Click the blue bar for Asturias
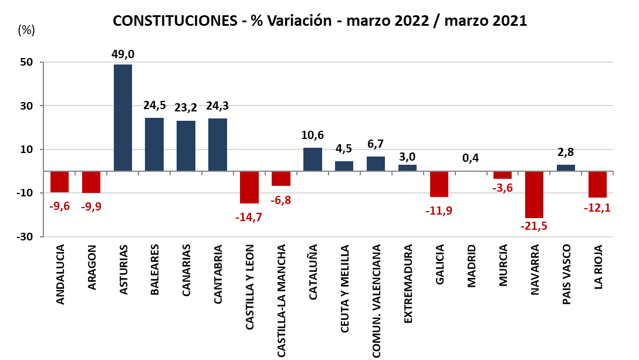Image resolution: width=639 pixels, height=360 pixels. [x=123, y=117]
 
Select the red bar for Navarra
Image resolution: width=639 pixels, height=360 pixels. [x=535, y=195]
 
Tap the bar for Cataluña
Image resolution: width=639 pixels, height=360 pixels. [x=313, y=159]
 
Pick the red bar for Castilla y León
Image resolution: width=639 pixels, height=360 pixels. [x=249, y=187]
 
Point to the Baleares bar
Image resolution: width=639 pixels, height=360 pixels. [x=154, y=144]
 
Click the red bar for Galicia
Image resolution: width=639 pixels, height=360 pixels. [x=439, y=184]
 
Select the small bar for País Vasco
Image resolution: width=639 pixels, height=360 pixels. [x=566, y=168]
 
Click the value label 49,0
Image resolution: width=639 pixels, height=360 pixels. [x=123, y=55]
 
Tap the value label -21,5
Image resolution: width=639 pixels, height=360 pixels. [x=535, y=226]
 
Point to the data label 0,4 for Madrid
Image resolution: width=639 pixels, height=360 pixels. [x=471, y=158]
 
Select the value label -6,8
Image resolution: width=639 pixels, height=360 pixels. [x=281, y=200]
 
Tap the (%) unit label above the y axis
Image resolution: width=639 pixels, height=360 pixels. [x=26, y=30]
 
